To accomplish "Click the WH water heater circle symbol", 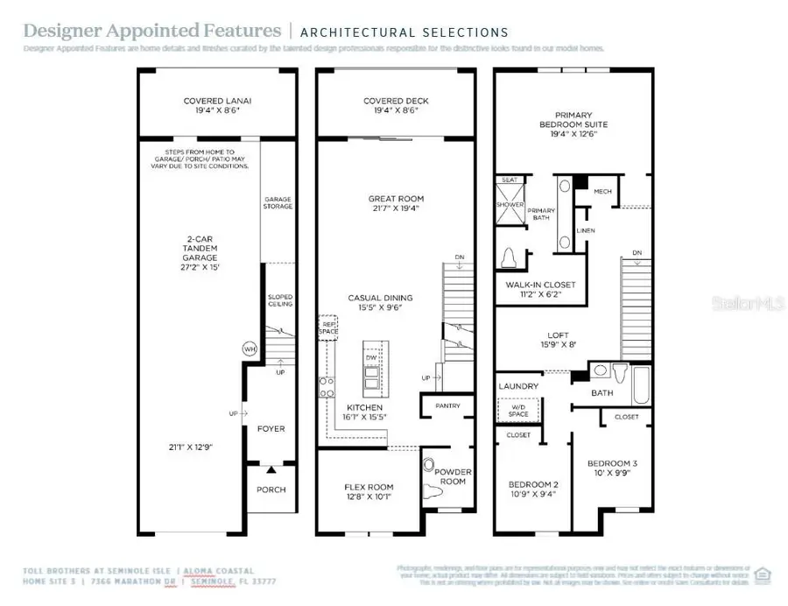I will click(249, 349).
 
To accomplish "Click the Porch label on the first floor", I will click(271, 490).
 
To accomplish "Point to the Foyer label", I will click(271, 429).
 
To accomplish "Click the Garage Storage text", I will click(278, 204).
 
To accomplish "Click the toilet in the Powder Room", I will click(431, 467).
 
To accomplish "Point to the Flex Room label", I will click(369, 487).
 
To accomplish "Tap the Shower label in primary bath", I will click(510, 205).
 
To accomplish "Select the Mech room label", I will click(602, 191).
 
